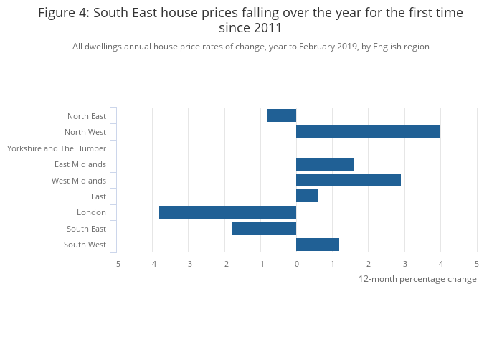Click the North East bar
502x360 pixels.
click(282, 115)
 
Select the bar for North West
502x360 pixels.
click(368, 132)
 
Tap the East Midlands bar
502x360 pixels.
click(325, 164)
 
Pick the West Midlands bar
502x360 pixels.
click(349, 180)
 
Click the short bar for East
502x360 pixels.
click(307, 196)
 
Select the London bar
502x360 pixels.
click(227, 212)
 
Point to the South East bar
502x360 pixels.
click(264, 228)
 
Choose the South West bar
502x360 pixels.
click(318, 245)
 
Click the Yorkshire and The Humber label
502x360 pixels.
click(57, 148)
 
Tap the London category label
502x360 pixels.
click(91, 212)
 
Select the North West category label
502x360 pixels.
click(85, 132)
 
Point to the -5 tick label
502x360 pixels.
click(116, 264)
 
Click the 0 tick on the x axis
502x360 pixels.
click(296, 264)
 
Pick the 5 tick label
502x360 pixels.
click(477, 264)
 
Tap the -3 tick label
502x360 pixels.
click(188, 264)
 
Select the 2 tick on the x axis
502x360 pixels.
click(369, 264)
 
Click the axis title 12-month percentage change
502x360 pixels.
click(417, 279)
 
